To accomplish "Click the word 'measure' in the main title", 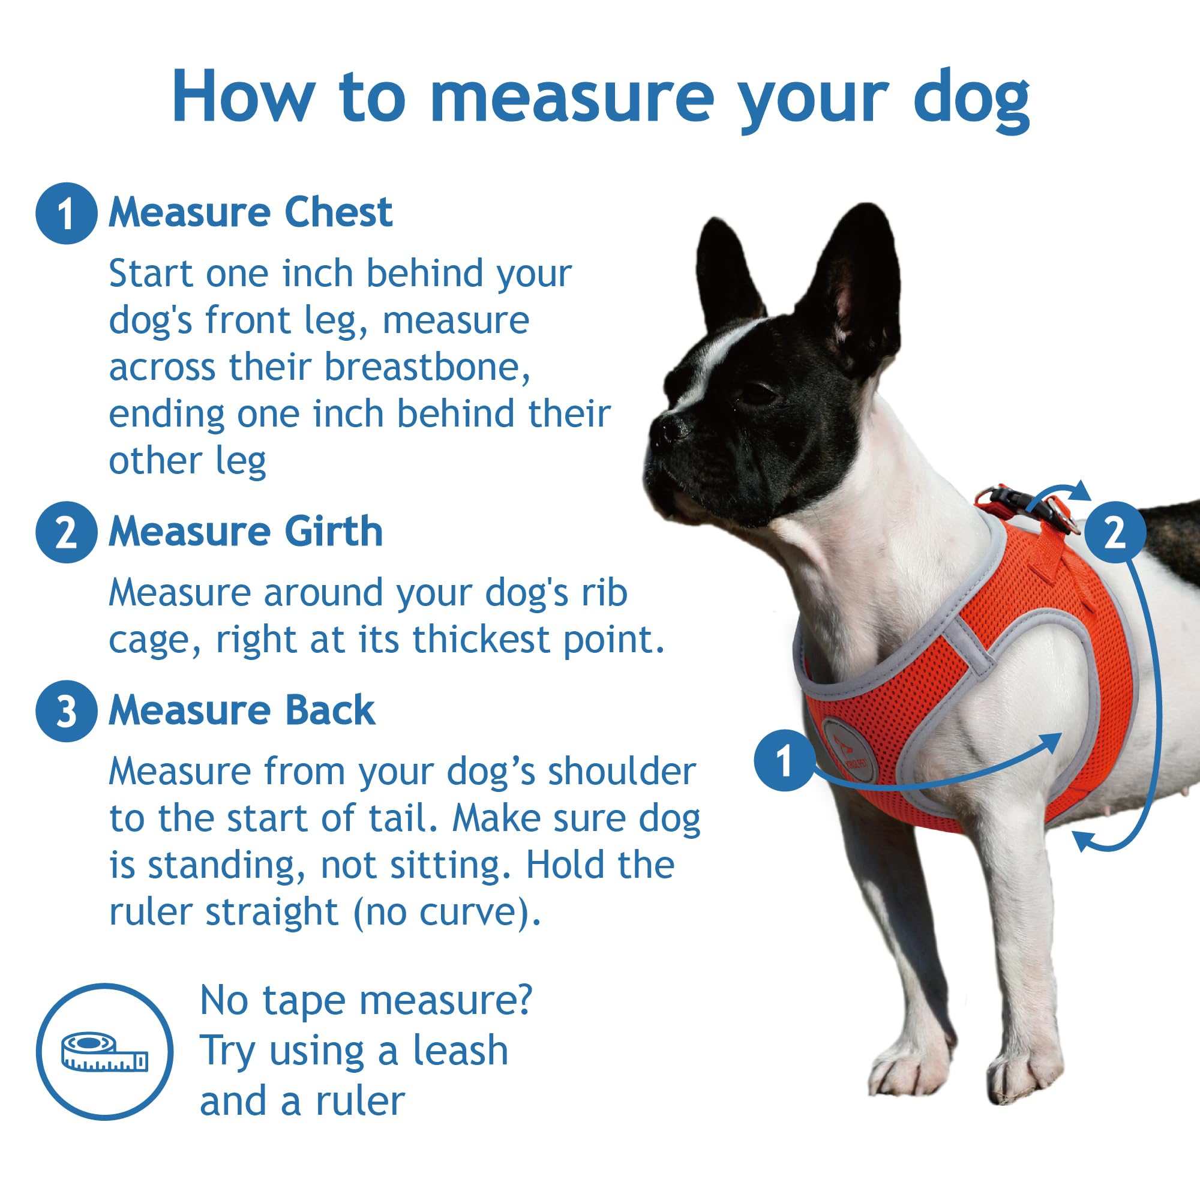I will pos(571,98).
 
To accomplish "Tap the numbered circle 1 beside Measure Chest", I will pos(67,213).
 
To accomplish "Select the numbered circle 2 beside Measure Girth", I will pos(67,532).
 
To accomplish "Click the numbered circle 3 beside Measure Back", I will pos(67,711).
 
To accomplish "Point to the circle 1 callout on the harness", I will pos(784,760).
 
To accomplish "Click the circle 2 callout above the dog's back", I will pos(1115,532).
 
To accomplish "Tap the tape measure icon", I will pos(104,1052).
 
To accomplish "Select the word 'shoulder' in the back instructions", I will pos(621,772).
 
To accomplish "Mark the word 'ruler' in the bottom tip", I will pos(360,1101).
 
